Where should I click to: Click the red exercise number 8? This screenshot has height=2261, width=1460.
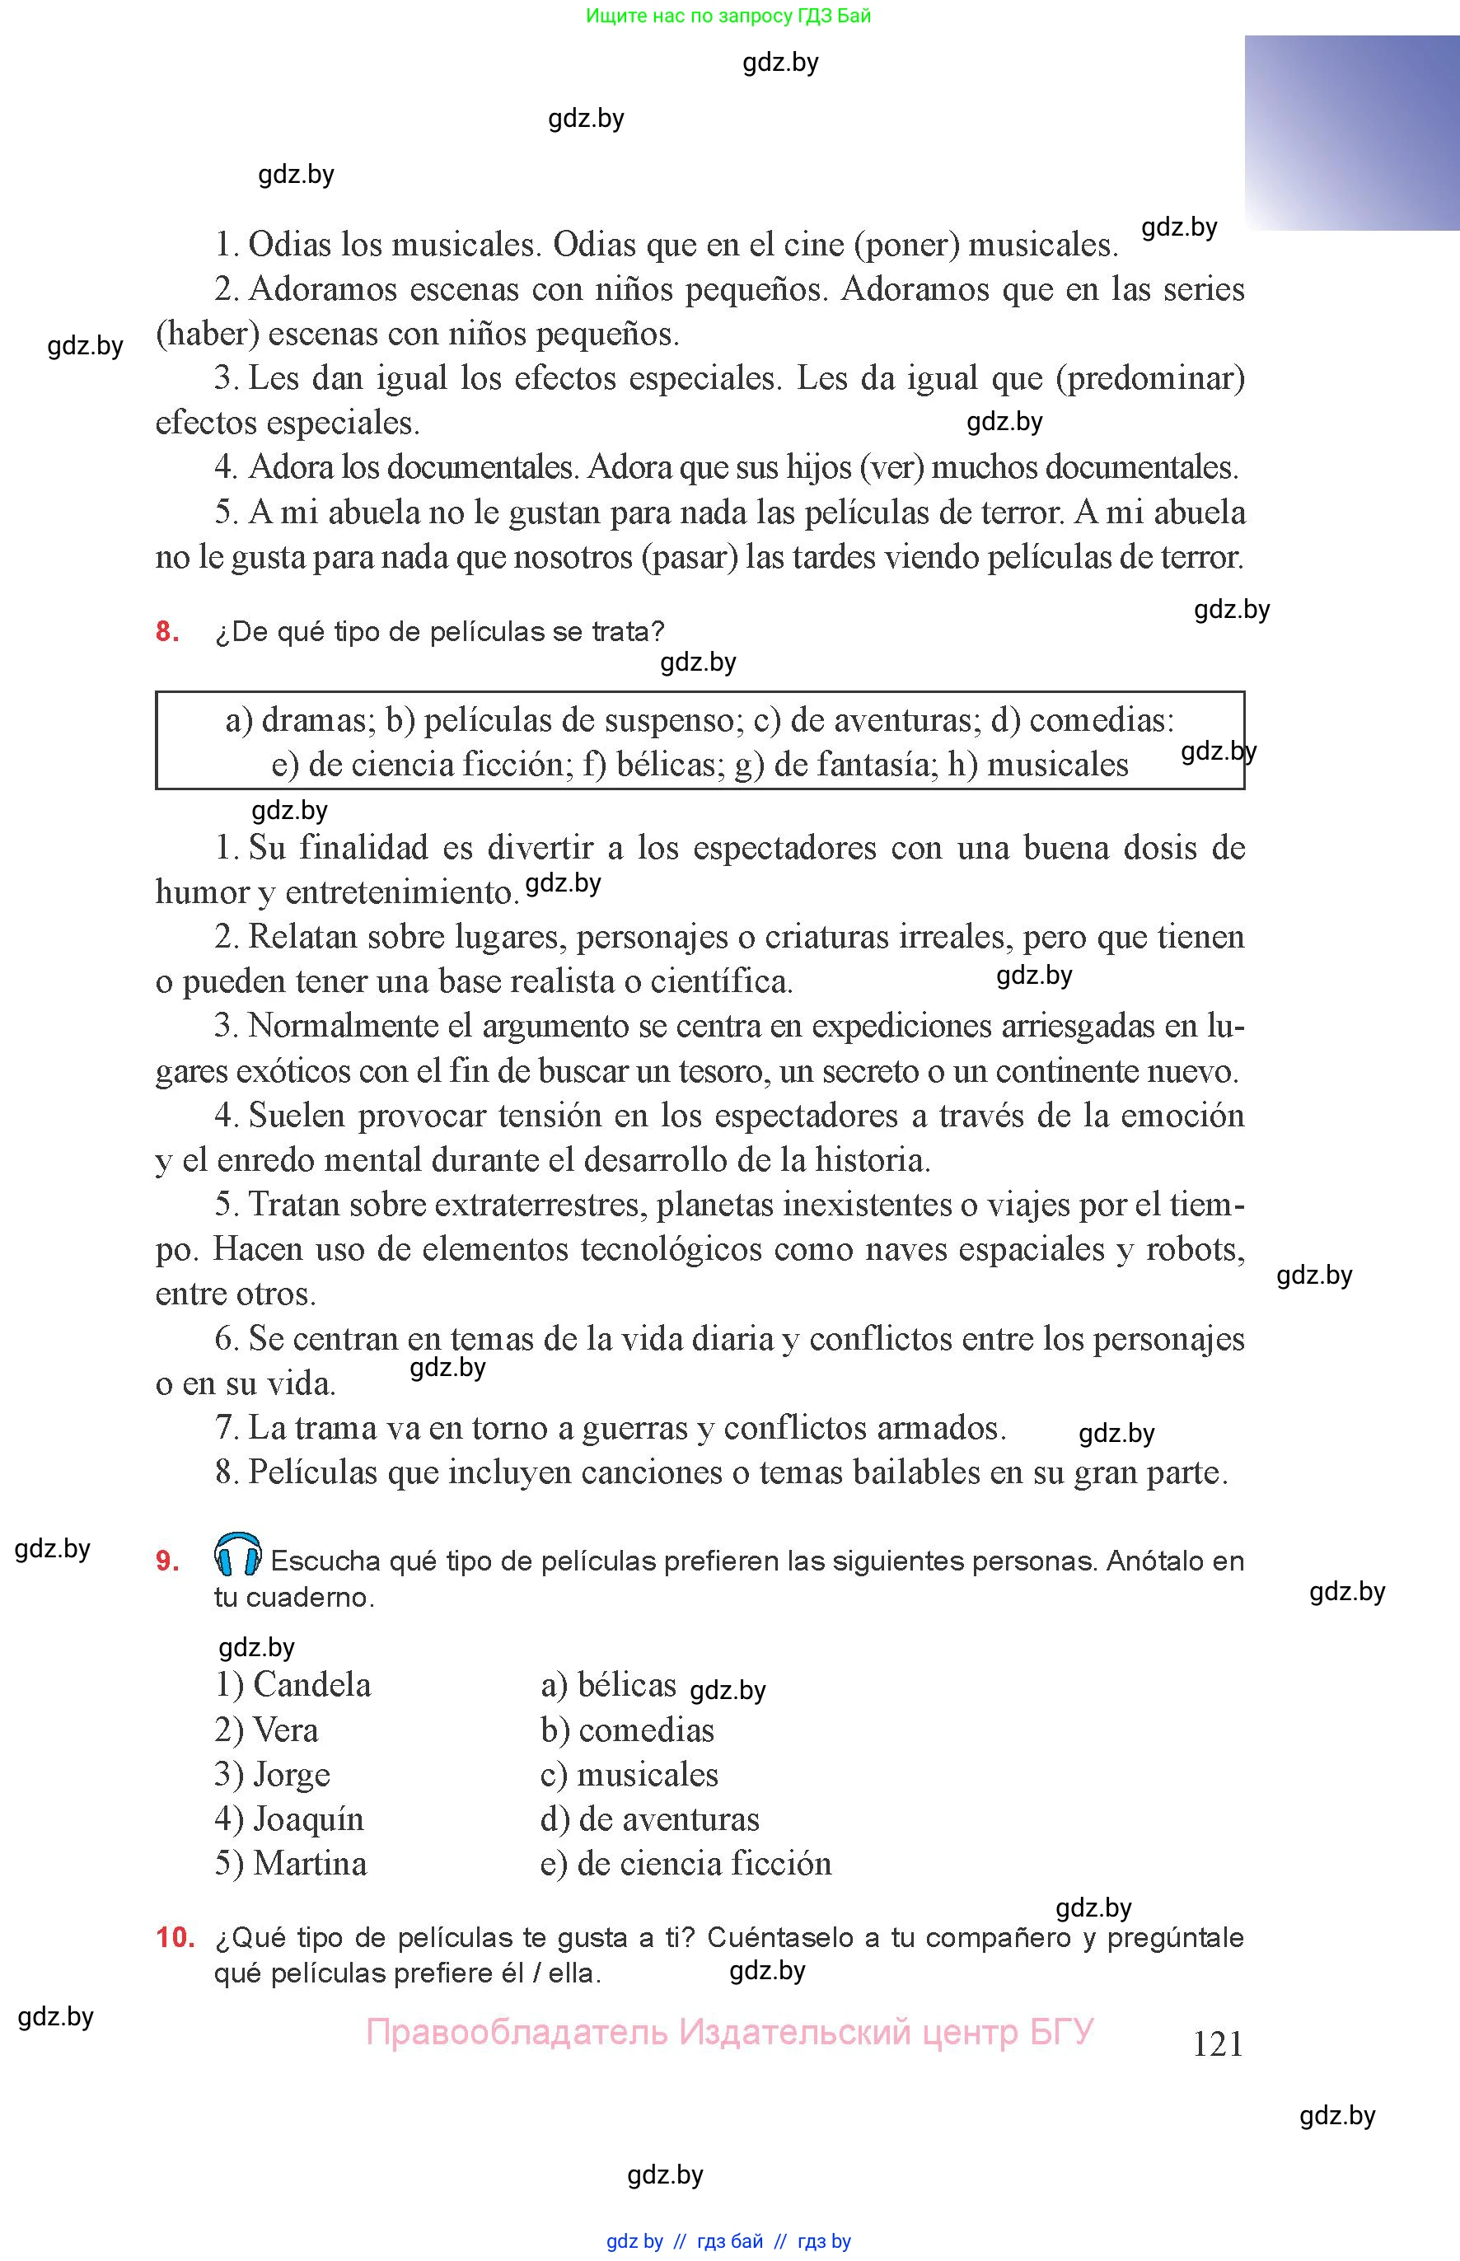[x=167, y=631]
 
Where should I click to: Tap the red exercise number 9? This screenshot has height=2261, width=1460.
[x=167, y=1561]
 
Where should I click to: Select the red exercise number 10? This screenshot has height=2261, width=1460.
[x=175, y=1937]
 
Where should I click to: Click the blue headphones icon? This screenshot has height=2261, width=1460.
[x=238, y=1555]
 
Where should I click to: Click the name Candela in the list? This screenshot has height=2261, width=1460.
[x=312, y=1684]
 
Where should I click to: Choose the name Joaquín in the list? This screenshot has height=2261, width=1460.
[x=308, y=1819]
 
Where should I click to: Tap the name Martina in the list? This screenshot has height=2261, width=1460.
[x=309, y=1863]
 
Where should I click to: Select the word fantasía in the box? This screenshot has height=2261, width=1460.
[x=851, y=764]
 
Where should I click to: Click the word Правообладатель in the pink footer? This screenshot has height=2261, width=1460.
[x=517, y=2032]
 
